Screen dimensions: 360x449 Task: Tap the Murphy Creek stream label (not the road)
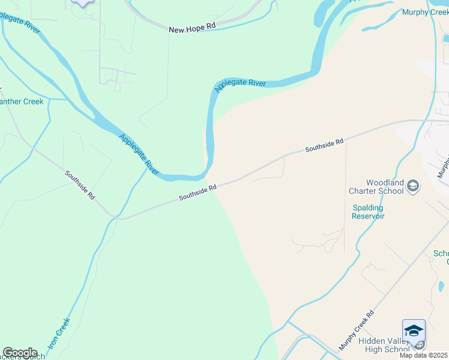pos(424,12)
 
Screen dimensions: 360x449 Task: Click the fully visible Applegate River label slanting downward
pos(139,155)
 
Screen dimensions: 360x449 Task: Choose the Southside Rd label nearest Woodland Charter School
pos(324,145)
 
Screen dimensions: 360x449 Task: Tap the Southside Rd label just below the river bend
pos(197,193)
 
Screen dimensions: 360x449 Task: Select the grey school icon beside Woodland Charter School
pos(413,186)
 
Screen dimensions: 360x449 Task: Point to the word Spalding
pos(368,208)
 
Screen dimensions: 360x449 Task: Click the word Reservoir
pos(368,216)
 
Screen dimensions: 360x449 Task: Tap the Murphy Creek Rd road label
pos(356,331)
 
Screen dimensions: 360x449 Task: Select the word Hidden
pos(371,341)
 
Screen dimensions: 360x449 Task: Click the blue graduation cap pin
pos(414,331)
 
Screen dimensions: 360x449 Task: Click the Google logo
pos(19,352)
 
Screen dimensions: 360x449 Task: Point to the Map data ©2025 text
pos(424,355)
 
